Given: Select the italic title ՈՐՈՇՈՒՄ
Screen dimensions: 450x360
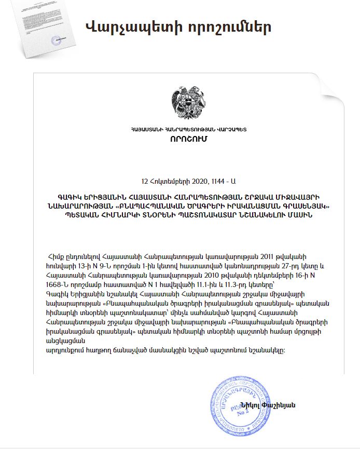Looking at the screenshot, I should (x=188, y=139).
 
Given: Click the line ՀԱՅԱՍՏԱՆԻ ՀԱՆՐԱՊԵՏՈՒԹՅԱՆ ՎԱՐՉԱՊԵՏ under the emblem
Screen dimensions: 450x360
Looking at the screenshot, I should (x=188, y=128).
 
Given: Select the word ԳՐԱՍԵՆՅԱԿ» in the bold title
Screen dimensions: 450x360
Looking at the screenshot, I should (x=311, y=206).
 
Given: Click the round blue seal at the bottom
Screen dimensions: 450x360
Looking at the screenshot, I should (x=240, y=404).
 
